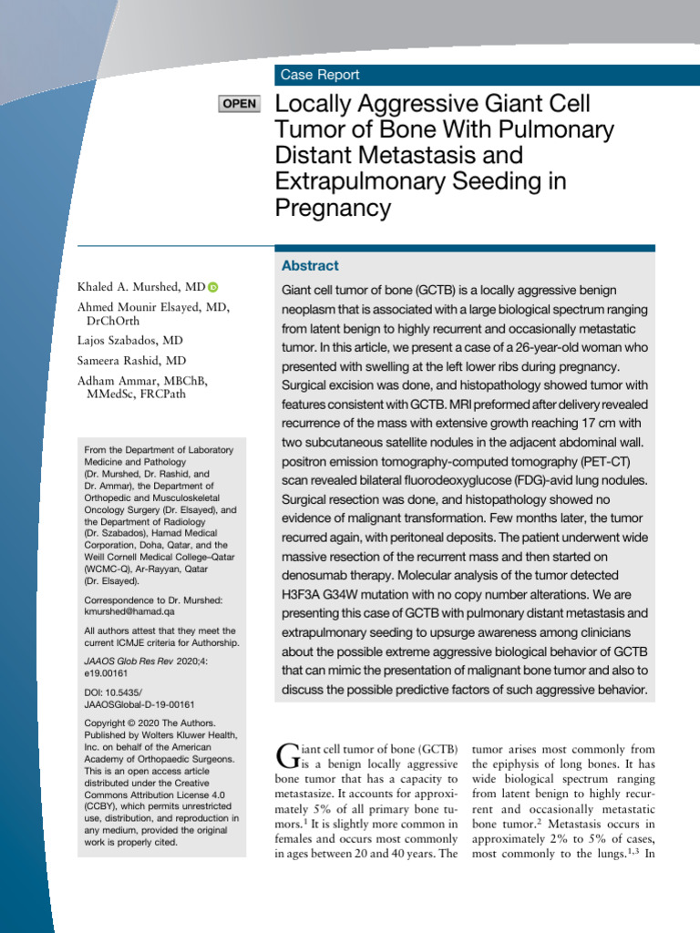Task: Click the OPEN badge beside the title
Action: pos(240,104)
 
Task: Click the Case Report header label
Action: pos(320,76)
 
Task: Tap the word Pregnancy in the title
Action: pos(333,208)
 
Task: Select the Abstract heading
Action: pos(310,266)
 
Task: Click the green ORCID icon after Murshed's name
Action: pos(213,288)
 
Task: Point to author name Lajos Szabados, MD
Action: pos(130,339)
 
